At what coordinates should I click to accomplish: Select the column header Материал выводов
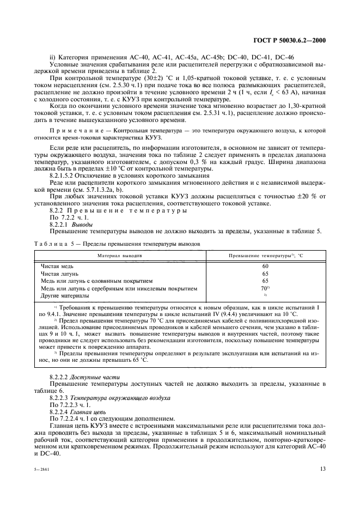tap(120, 254)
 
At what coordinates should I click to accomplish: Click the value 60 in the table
tap(265, 266)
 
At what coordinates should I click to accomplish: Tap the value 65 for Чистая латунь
tap(265, 274)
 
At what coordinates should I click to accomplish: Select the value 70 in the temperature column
tap(264, 288)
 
